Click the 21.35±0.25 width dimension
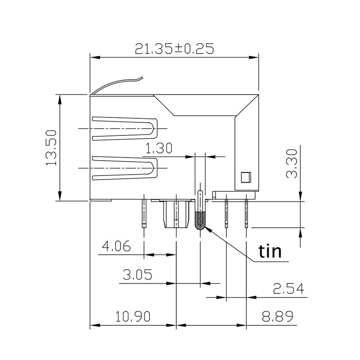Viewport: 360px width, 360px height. (x=174, y=49)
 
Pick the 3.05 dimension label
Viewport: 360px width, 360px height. (x=137, y=274)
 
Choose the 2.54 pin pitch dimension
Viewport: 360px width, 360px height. (x=288, y=288)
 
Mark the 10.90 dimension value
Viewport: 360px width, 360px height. (x=133, y=316)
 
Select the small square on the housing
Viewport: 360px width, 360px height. (x=245, y=177)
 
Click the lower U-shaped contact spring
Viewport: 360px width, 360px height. (x=124, y=167)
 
